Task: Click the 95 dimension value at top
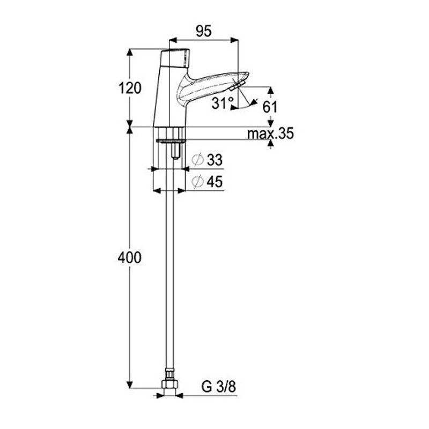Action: click(x=204, y=31)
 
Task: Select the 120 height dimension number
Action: click(x=130, y=88)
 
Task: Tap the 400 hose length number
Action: click(x=130, y=258)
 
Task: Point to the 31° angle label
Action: click(x=223, y=103)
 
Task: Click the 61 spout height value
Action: click(x=270, y=107)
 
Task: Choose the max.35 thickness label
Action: click(x=270, y=134)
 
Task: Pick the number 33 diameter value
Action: click(x=215, y=160)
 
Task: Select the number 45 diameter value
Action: click(x=215, y=181)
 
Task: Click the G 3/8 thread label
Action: click(x=219, y=387)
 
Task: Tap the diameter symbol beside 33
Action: click(x=197, y=160)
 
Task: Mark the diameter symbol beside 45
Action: click(x=197, y=181)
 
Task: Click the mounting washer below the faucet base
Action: click(x=171, y=141)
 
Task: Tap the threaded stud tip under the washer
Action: click(x=175, y=157)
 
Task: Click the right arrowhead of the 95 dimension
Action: click(x=235, y=40)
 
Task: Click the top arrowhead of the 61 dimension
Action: click(x=270, y=91)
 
